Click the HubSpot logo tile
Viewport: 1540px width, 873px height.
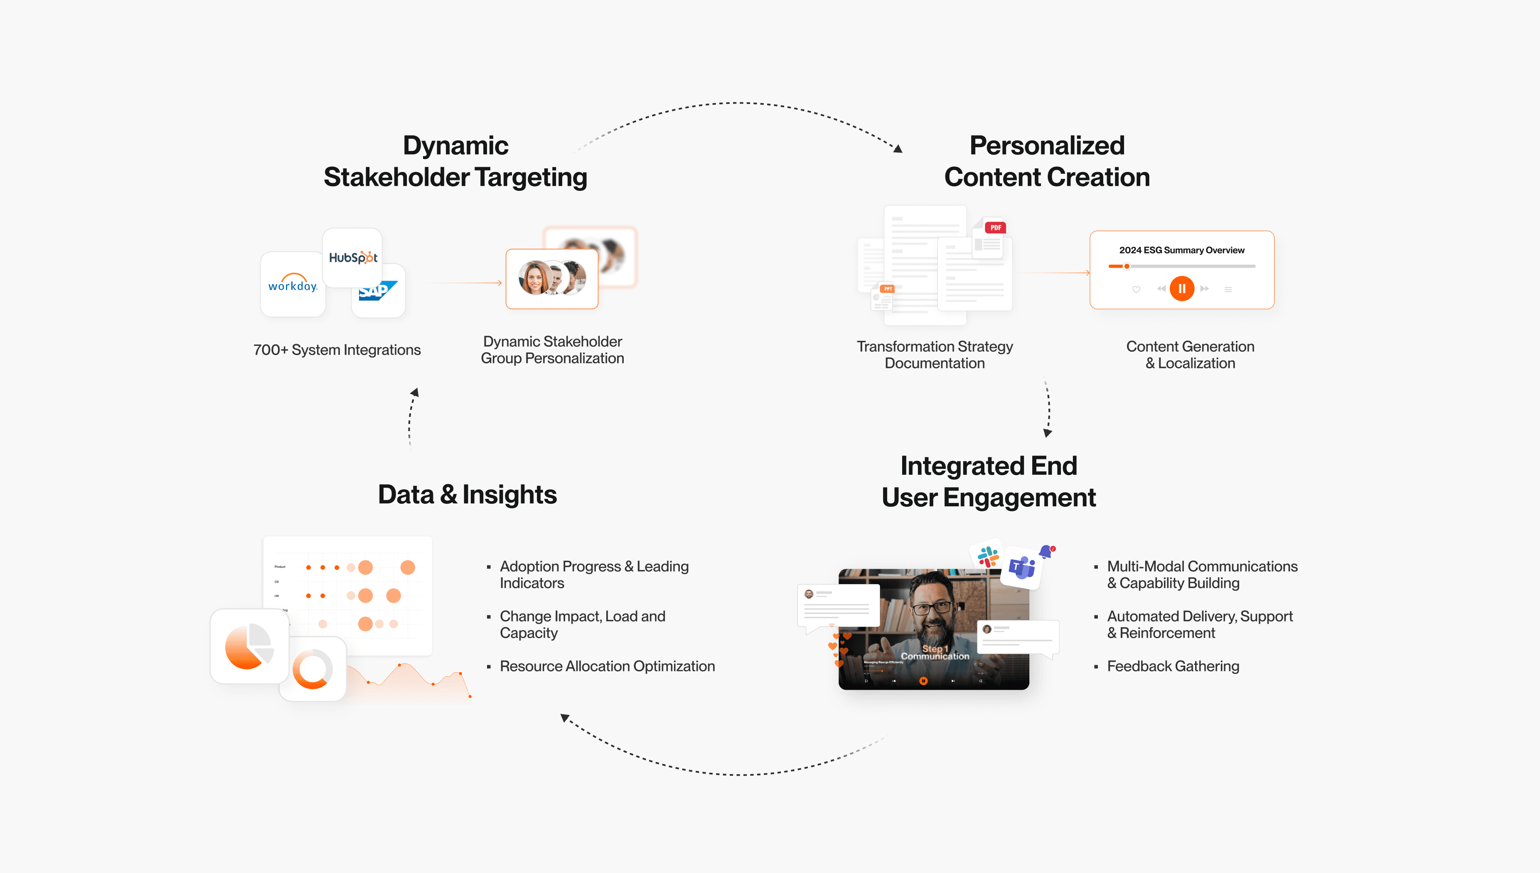(x=352, y=258)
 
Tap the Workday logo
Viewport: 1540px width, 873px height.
(x=293, y=284)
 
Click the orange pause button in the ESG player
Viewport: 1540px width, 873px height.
(x=1182, y=289)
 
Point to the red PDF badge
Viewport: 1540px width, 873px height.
(x=995, y=228)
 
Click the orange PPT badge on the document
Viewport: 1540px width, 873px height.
(x=888, y=289)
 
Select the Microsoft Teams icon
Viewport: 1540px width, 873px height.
(x=1022, y=567)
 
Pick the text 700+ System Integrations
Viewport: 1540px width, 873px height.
(x=337, y=350)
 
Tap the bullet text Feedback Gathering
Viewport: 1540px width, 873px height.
(x=1173, y=666)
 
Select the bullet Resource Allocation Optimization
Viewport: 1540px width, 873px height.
(x=607, y=666)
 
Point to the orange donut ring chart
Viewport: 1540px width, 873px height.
(x=312, y=668)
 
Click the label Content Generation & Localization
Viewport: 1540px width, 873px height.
(x=1190, y=355)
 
